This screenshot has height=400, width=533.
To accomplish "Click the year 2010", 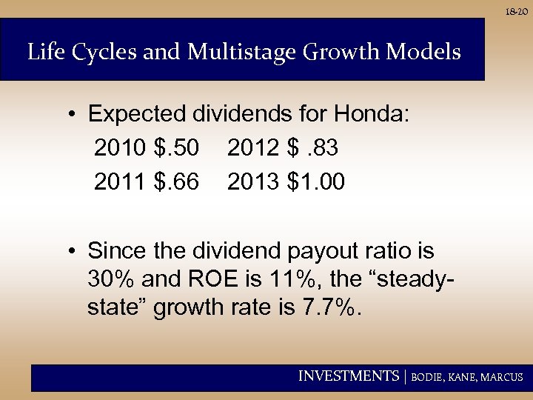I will pyautogui.click(x=121, y=148).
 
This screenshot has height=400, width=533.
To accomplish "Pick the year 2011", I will pyautogui.click(x=121, y=181).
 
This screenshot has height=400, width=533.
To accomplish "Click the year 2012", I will pyautogui.click(x=254, y=148).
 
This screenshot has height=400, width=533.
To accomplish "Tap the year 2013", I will pyautogui.click(x=254, y=181).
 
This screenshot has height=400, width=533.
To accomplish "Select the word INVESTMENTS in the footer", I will pyautogui.click(x=348, y=376).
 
